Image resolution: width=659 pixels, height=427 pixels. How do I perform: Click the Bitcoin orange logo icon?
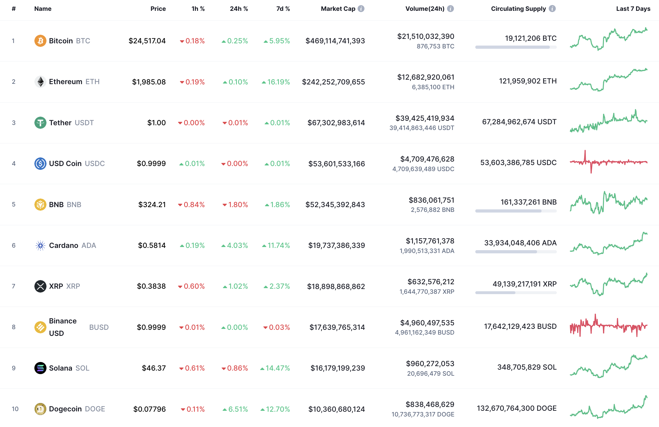click(x=40, y=41)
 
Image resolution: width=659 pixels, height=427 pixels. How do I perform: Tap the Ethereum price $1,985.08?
click(x=149, y=82)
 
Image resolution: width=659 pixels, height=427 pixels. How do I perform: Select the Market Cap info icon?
click(x=361, y=9)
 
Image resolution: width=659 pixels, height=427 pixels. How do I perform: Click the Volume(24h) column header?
click(x=425, y=9)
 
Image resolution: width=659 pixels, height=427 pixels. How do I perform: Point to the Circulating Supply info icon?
click(x=552, y=9)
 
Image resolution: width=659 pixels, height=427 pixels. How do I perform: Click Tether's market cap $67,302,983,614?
click(x=336, y=123)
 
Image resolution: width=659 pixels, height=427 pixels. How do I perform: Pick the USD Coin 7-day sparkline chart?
click(x=608, y=162)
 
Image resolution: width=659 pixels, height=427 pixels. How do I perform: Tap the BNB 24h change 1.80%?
click(x=235, y=205)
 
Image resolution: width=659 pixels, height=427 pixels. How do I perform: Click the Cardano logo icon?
click(x=40, y=245)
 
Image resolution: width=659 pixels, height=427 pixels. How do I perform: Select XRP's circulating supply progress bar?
click(x=516, y=293)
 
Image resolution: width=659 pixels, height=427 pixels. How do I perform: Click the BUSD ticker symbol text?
click(x=99, y=327)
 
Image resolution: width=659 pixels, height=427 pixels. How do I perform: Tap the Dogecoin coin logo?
click(x=40, y=409)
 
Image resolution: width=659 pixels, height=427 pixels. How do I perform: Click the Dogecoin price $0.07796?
click(x=149, y=409)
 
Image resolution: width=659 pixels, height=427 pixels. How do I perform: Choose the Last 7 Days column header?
click(x=633, y=9)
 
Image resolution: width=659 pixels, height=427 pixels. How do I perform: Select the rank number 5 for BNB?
click(x=14, y=204)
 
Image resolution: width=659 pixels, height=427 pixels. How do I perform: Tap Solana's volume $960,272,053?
click(x=430, y=364)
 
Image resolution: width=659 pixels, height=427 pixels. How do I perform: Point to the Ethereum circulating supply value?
click(x=528, y=81)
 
